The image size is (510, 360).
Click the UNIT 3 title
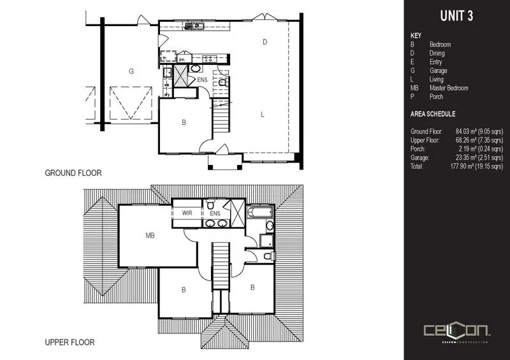(456, 17)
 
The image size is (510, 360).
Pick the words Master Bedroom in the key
(449, 88)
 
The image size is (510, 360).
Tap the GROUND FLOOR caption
(73, 173)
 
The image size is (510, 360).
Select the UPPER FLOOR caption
(70, 342)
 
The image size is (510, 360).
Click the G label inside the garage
(131, 71)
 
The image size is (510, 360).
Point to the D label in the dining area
(264, 42)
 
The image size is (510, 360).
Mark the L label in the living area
(262, 115)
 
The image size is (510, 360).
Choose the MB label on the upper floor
(150, 236)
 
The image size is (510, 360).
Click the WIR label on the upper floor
(187, 213)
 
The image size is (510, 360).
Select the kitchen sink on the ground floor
(194, 26)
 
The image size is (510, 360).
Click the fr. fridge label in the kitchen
(164, 58)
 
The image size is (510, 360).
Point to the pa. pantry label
(181, 59)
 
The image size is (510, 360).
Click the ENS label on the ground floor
(202, 80)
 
